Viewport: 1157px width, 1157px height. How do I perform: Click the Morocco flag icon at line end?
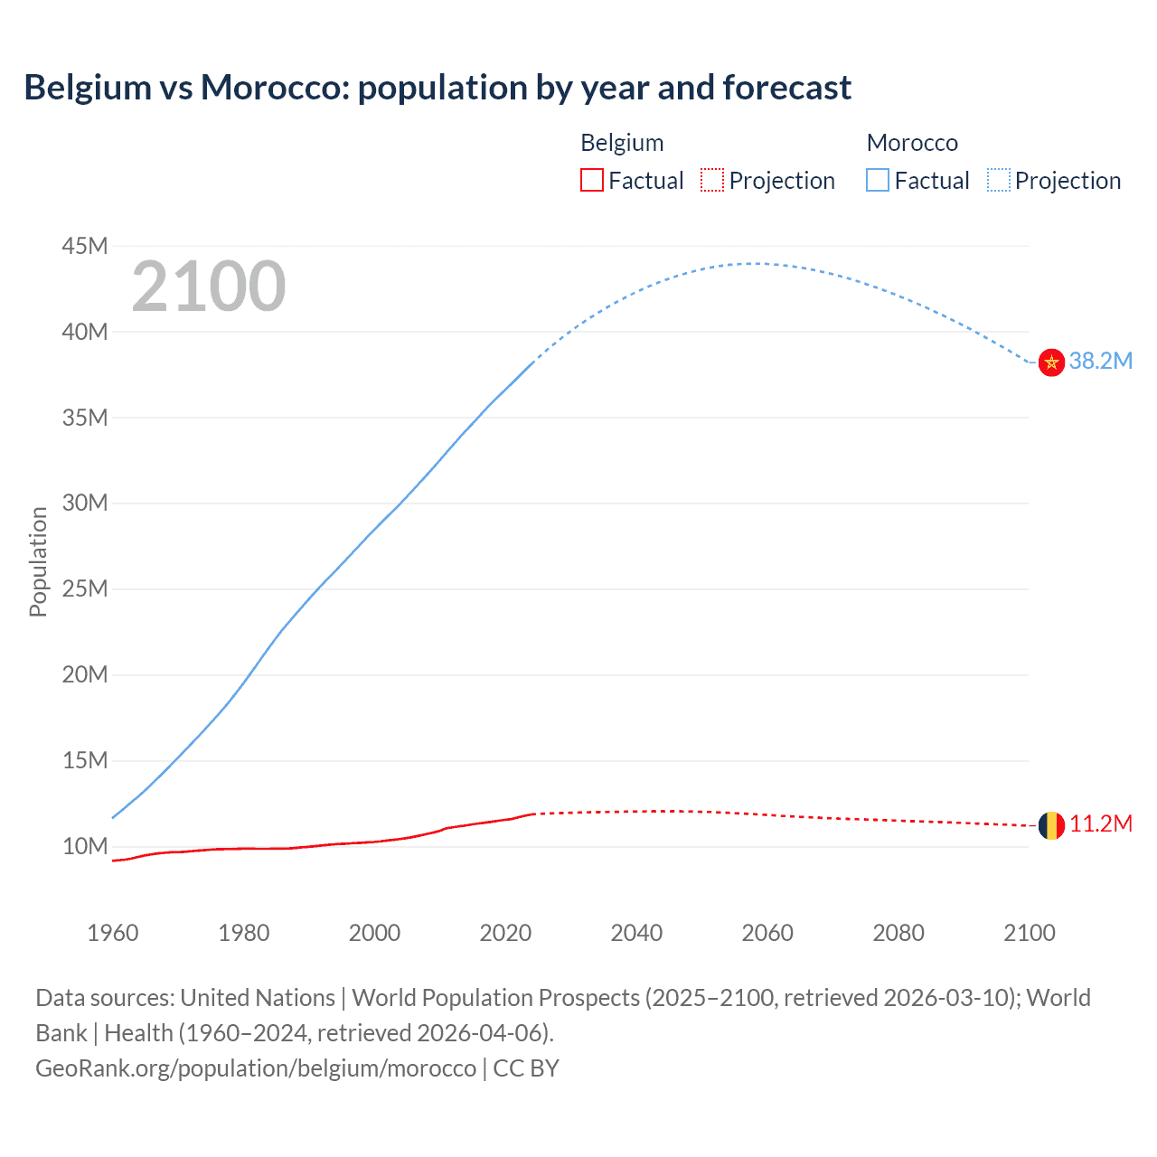(x=1050, y=362)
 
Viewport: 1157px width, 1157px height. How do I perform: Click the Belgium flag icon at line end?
(x=1050, y=825)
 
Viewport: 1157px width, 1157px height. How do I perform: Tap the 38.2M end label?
(x=1100, y=361)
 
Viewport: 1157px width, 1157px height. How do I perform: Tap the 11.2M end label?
(x=1100, y=823)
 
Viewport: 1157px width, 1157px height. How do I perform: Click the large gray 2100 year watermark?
(x=209, y=287)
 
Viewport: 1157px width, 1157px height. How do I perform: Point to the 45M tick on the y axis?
(x=85, y=246)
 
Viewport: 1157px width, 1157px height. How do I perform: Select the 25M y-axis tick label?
(x=85, y=589)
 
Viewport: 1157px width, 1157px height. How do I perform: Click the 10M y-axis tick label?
(x=85, y=847)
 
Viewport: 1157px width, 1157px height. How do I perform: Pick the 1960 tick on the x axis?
(x=113, y=933)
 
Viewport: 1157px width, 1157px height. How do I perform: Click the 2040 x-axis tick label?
(x=636, y=933)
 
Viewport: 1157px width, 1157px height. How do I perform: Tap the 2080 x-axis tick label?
(x=898, y=933)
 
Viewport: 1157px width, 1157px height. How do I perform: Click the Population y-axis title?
(x=38, y=561)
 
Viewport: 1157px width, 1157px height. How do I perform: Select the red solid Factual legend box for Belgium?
(x=591, y=180)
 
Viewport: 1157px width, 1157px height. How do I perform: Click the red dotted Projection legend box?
(x=712, y=180)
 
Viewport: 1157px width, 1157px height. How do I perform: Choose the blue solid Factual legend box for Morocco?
(x=878, y=180)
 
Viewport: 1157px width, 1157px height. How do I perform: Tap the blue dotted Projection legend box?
(x=999, y=180)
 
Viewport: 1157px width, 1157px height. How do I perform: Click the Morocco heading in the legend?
(x=912, y=143)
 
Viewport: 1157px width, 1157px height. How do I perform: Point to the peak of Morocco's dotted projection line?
(x=754, y=263)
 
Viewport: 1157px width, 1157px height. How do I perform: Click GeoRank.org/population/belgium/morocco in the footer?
(x=256, y=1068)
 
